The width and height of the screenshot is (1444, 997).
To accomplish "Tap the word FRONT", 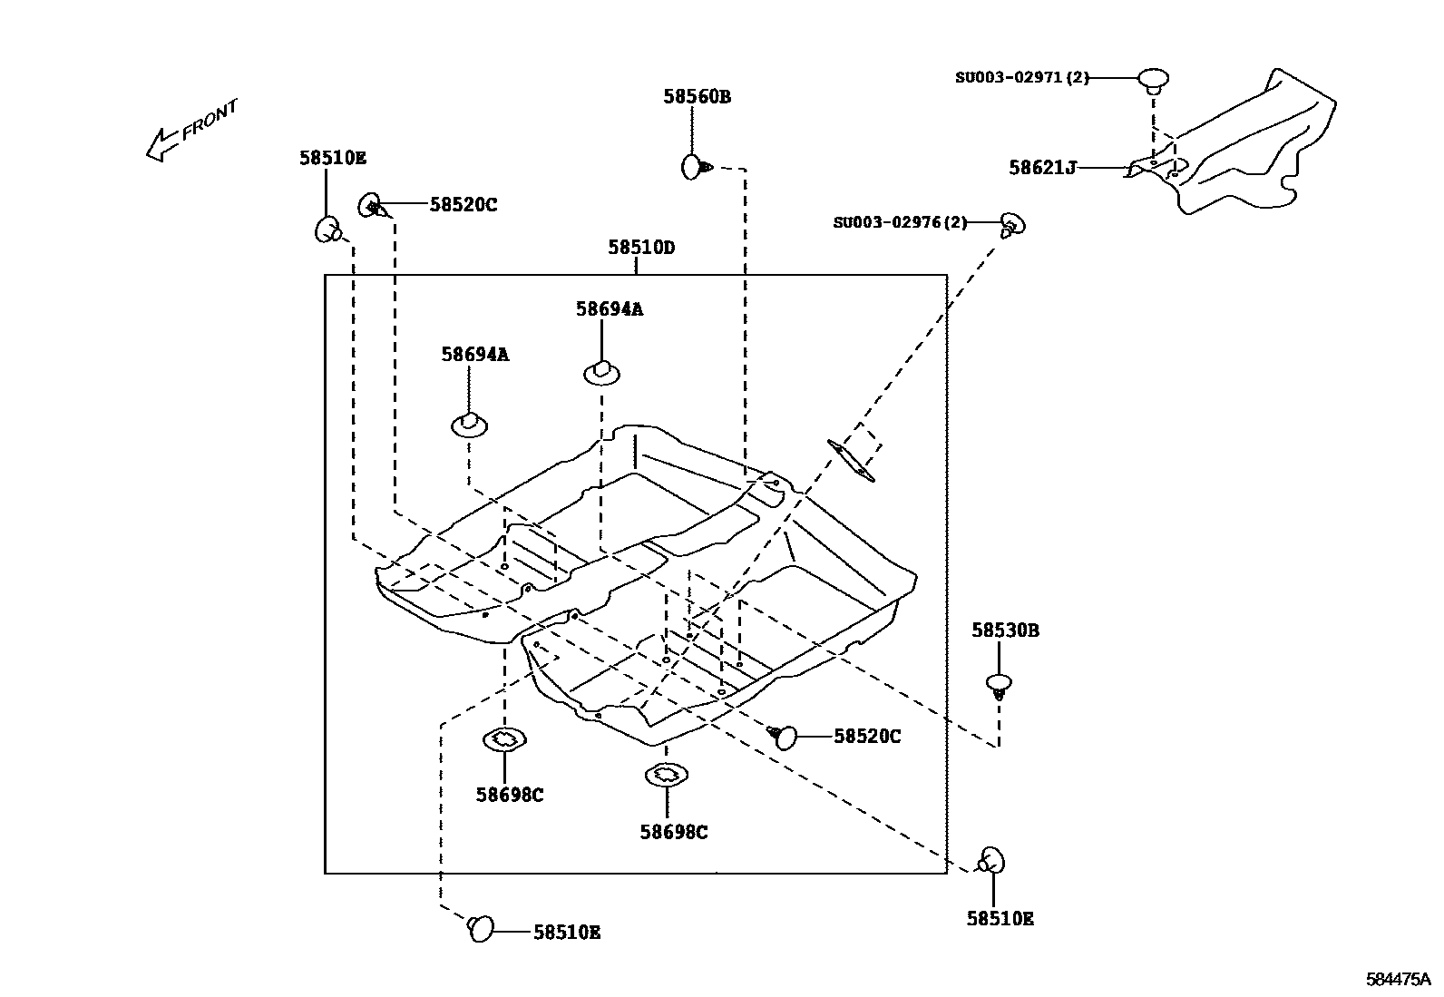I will (x=210, y=118).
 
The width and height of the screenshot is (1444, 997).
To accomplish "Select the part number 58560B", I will (x=697, y=96).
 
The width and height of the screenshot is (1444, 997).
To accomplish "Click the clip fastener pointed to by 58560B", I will (x=694, y=166).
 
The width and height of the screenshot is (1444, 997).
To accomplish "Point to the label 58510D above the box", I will (x=641, y=247).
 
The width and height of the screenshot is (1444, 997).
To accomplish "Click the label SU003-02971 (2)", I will (x=1021, y=78).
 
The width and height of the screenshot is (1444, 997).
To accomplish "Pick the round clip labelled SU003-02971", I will (x=1153, y=79).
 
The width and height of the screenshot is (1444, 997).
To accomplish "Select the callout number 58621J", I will (x=1042, y=168).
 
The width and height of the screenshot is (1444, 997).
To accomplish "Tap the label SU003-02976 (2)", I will (x=900, y=222).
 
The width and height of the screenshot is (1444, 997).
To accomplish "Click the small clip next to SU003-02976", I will (x=1011, y=223).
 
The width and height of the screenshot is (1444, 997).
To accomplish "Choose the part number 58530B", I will (x=1005, y=630).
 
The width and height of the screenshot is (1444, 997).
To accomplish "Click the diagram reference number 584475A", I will (x=1398, y=980).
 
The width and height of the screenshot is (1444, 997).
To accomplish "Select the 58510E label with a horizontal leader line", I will (x=566, y=932).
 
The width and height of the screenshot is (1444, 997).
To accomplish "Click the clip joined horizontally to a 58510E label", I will (x=480, y=928).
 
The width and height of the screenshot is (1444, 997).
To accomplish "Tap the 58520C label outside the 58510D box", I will (x=463, y=205).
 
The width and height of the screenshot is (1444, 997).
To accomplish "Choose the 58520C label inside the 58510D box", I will (x=867, y=737).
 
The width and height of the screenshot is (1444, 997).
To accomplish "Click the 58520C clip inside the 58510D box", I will (x=784, y=737).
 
